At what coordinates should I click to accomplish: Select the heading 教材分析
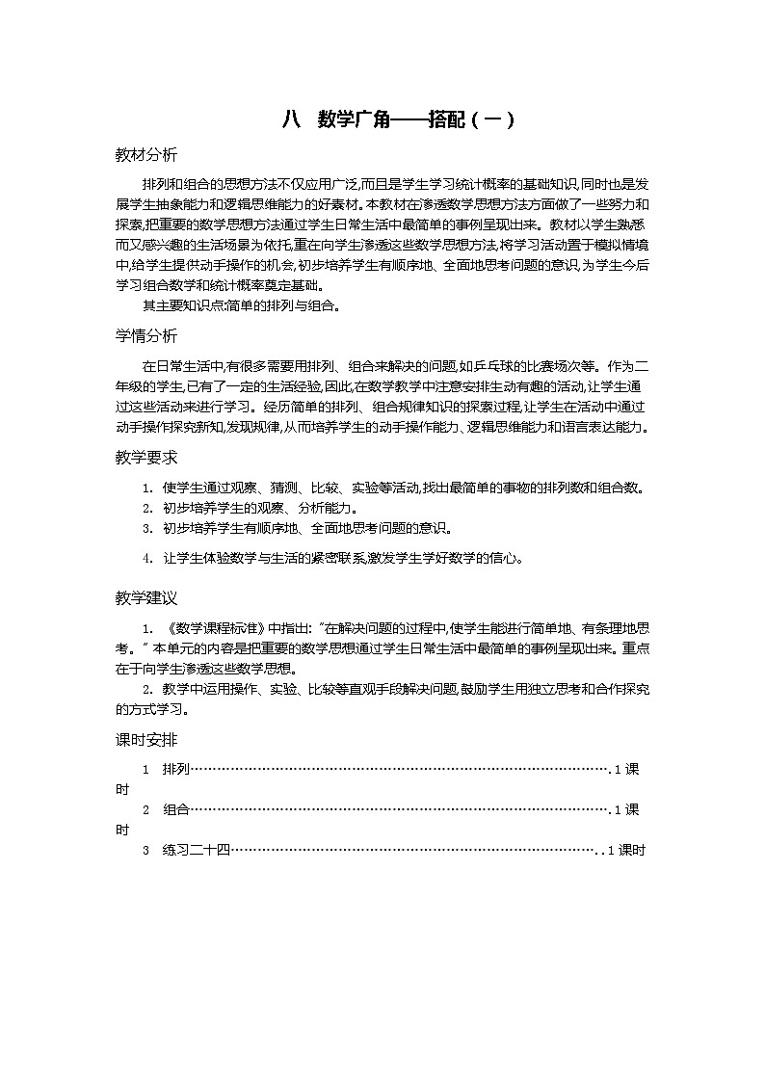pos(145,155)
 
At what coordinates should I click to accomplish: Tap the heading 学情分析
pos(145,336)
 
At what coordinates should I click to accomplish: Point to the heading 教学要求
pos(145,458)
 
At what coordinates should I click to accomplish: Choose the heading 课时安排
pos(145,740)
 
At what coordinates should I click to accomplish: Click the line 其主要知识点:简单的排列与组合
pos(242,306)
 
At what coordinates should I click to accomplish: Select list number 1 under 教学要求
pos(147,488)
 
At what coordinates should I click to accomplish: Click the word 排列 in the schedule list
pos(176,769)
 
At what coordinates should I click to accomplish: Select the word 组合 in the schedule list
pos(176,809)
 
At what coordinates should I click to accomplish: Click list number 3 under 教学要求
pos(147,528)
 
